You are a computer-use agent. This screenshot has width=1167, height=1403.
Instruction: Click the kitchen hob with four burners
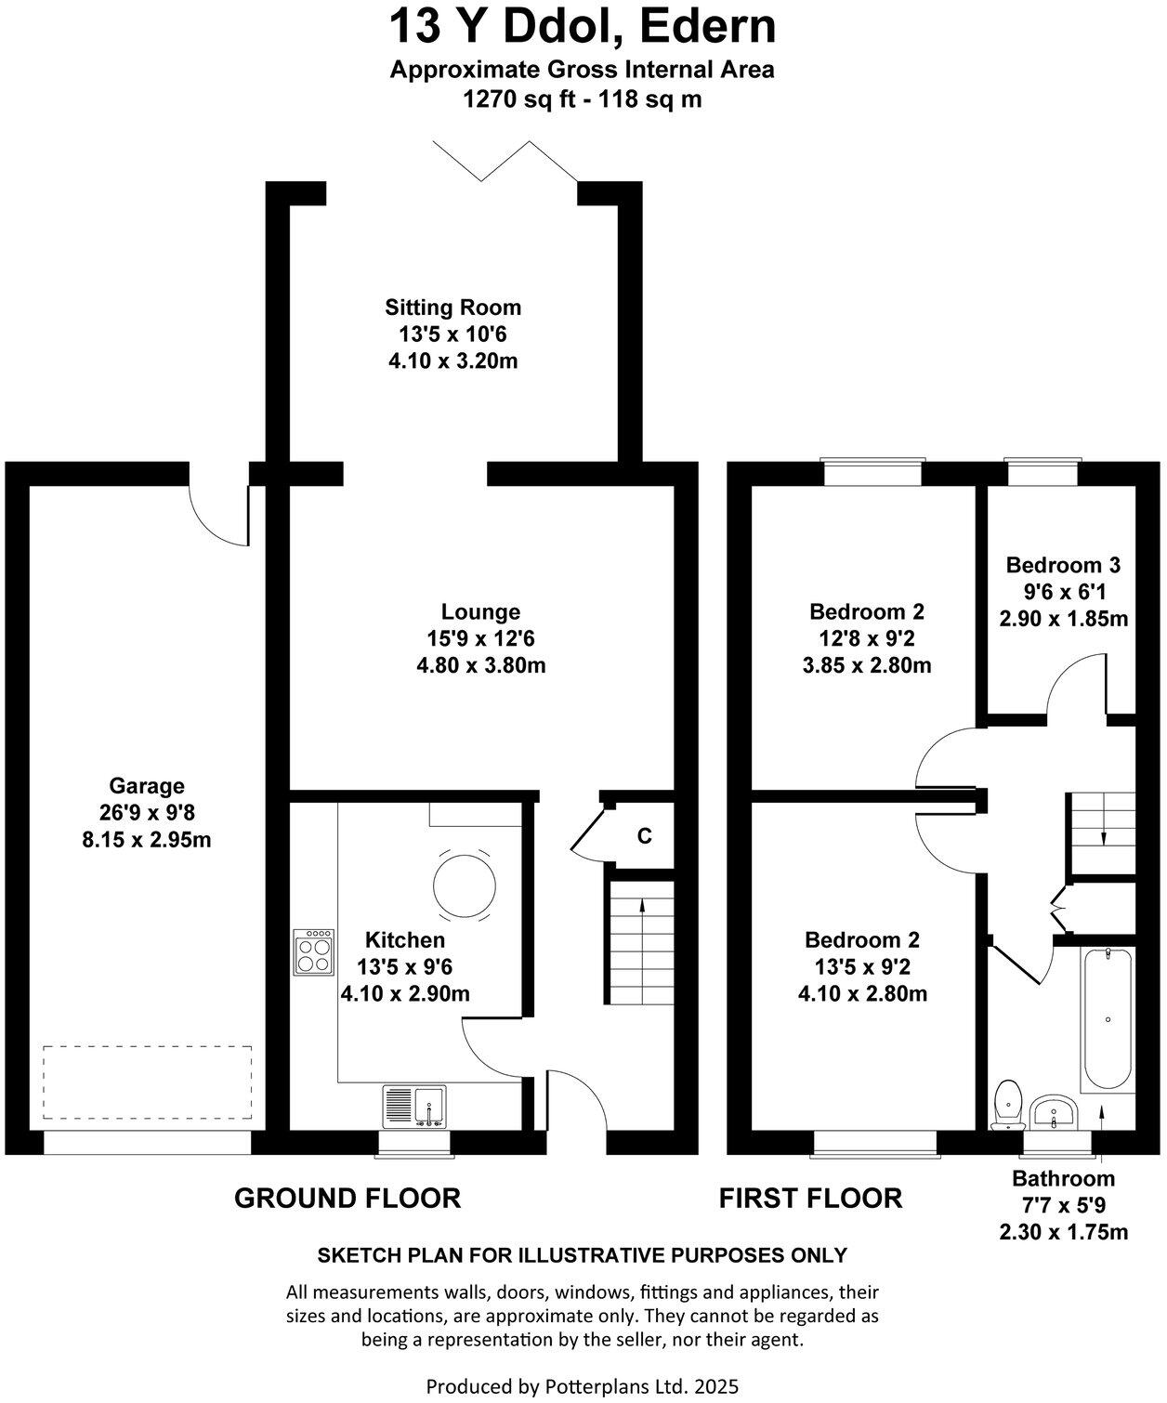point(314,951)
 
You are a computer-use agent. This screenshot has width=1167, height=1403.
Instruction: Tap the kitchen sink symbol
point(414,1107)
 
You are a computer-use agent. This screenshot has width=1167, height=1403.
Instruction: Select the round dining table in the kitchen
point(462,885)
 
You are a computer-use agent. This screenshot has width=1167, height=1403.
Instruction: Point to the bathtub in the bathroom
point(1107,1019)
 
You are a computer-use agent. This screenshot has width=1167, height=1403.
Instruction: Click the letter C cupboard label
point(644,836)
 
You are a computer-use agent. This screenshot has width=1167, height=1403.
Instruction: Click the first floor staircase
point(1103,818)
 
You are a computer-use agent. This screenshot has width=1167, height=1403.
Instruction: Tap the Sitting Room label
point(453,308)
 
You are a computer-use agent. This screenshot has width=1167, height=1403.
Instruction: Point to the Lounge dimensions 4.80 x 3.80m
point(480,665)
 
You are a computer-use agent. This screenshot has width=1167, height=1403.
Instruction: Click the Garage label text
point(147,786)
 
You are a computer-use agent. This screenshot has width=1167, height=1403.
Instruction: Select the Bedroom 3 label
point(1063,565)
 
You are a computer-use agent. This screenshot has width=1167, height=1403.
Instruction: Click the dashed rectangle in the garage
point(147,1082)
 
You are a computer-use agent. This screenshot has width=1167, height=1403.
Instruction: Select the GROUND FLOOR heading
point(347,1199)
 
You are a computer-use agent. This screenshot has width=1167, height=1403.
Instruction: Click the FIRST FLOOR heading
point(810,1199)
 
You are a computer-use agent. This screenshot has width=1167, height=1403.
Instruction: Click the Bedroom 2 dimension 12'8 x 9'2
point(866,638)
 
